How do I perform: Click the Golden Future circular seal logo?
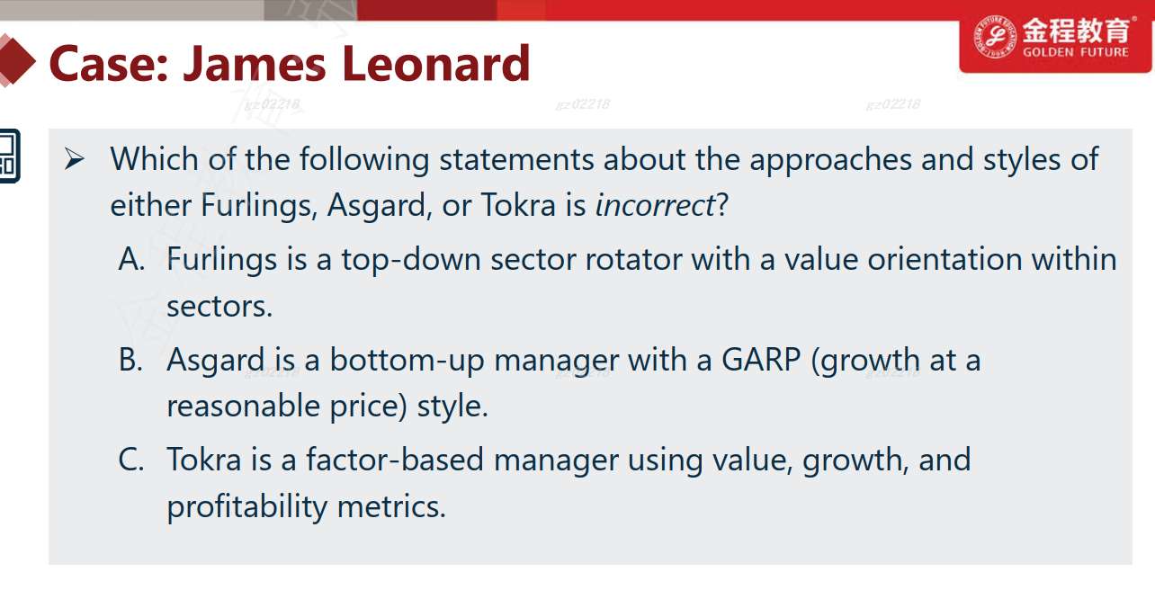pos(994,37)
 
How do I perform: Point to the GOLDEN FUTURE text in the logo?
pos(1076,52)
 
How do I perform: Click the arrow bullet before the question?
pos(75,158)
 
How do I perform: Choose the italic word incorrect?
pos(655,205)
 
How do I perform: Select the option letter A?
pos(131,258)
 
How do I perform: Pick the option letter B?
pos(130,359)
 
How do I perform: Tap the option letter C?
pos(131,459)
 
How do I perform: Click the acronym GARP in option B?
pos(760,359)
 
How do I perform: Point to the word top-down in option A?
pos(411,259)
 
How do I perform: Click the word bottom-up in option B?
pos(407,359)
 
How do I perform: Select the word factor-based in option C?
pos(395,459)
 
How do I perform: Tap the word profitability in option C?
pos(247,506)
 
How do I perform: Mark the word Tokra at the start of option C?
pos(204,459)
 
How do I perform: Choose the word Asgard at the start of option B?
pos(216,360)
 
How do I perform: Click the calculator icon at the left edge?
pos(10,156)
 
